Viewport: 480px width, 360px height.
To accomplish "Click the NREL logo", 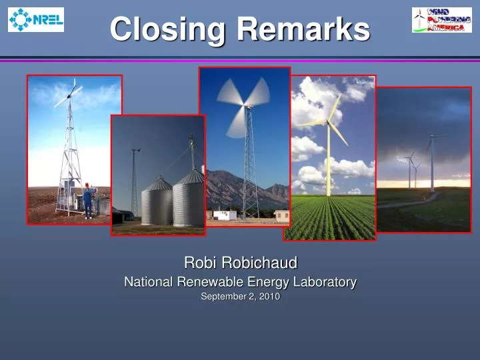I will coord(36,19).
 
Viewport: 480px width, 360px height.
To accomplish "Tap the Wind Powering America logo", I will coord(441,19).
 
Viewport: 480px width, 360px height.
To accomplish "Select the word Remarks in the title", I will coord(304,29).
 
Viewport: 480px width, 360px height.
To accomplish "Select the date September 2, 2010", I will coord(240,298).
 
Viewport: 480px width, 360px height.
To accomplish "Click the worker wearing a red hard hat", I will coord(88,199).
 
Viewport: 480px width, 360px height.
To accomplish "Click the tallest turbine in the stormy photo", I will coord(431,160).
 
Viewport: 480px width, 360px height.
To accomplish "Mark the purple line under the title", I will coord(240,60).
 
